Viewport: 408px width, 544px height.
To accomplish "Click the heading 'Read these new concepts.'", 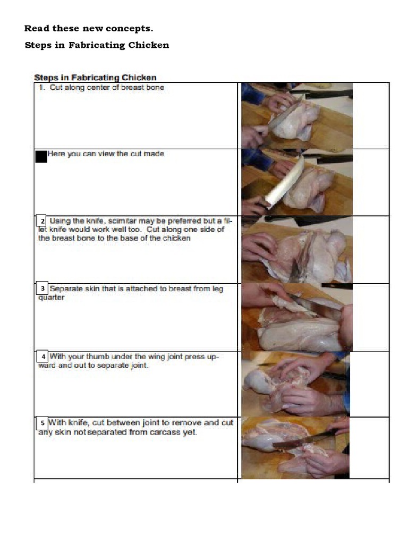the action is pos(89,29).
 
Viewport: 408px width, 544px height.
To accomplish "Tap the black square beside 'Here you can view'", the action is pos(41,157).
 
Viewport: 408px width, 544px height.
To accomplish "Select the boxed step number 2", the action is pos(41,220).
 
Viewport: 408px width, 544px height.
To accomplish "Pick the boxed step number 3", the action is pos(42,288).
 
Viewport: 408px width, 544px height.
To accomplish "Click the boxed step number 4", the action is pos(42,356).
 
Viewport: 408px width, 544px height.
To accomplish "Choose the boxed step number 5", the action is pos(42,423).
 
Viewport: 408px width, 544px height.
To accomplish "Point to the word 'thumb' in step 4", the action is pos(97,356).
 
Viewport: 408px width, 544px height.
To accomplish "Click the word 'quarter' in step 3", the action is pos(52,297).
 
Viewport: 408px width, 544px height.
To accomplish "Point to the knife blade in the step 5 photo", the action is pos(302,439).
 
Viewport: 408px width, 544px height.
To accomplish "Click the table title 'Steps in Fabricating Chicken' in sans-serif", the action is pos(95,78).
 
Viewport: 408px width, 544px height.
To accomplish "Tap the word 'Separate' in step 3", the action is pos(65,288).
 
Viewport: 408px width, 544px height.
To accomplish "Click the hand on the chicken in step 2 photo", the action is pos(259,247).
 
